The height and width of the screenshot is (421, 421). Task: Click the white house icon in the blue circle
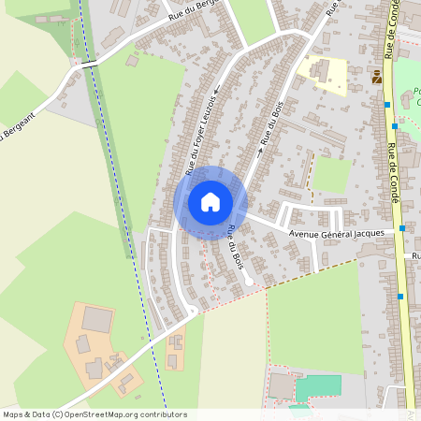coord(210,202)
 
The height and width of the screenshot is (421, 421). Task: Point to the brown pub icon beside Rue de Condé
coord(376,78)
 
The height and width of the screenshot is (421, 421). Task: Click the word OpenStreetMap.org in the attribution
coord(103,414)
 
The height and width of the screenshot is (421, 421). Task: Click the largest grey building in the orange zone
coord(96,319)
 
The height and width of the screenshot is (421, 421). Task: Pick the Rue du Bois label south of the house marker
coord(235,246)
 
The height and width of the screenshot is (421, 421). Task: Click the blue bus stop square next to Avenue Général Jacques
coord(402,227)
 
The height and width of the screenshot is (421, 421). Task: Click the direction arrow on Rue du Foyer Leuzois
coord(215,92)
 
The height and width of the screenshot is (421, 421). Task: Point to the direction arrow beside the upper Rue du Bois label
coord(259,148)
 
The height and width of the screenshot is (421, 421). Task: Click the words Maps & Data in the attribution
coord(25,414)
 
